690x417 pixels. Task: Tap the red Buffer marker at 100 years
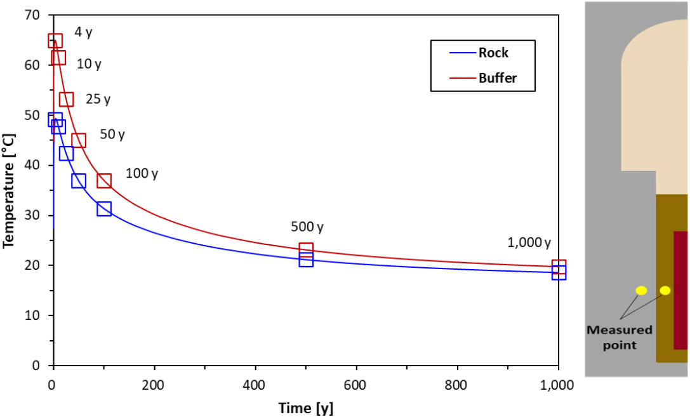click(104, 181)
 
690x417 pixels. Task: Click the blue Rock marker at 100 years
click(104, 209)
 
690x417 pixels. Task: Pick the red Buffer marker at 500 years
click(306, 249)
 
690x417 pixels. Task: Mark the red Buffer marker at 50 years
click(79, 140)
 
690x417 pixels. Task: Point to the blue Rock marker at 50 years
click(79, 181)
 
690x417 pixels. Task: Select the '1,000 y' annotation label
click(529, 242)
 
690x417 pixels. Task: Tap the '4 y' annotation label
click(84, 32)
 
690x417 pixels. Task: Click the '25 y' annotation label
click(98, 99)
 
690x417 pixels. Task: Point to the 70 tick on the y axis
click(32, 15)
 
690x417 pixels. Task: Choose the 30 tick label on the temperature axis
click(32, 215)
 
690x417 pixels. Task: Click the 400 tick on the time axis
click(255, 385)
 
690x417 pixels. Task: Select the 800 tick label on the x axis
click(457, 385)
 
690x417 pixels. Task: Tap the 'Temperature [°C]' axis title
click(9, 190)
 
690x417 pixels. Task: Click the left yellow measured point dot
click(641, 291)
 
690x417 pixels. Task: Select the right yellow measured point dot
click(665, 291)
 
